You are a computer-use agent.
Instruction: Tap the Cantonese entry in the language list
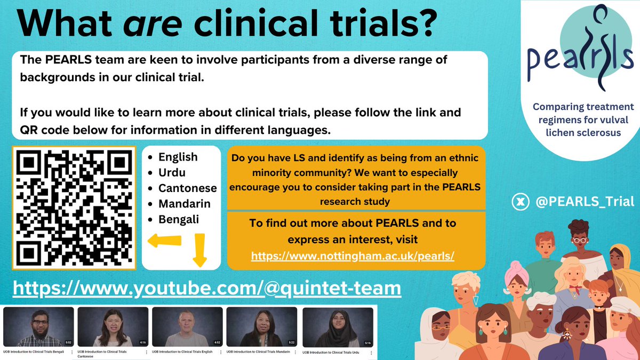click(187, 188)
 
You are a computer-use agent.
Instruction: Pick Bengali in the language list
click(178, 219)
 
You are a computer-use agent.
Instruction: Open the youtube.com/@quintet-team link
click(206, 288)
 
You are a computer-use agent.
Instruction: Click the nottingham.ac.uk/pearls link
click(353, 256)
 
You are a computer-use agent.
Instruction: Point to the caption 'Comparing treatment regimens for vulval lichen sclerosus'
click(576, 119)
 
